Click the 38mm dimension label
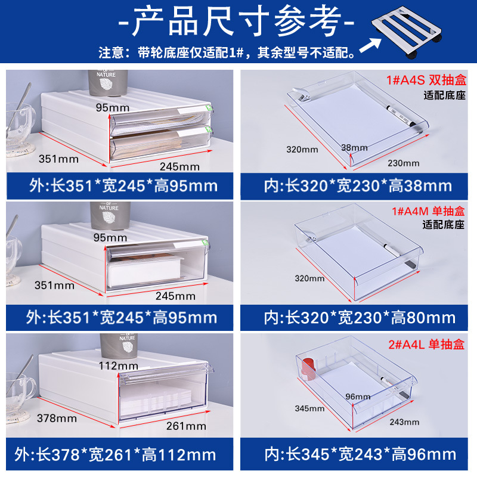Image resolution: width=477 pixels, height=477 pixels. coord(355,147)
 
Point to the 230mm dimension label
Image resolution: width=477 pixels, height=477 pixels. coord(404,163)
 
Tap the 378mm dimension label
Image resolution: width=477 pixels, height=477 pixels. coord(58,418)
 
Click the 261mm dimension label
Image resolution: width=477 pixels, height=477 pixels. coord(187,426)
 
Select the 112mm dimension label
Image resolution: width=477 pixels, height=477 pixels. coord(119,366)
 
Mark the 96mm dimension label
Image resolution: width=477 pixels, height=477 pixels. coord(358,397)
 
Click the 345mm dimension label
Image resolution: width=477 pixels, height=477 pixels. coord(309,408)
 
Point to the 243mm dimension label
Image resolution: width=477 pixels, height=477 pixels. coord(404,422)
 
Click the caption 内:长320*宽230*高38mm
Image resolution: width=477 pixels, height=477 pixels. coord(358,186)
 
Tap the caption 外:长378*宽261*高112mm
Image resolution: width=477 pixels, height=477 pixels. coord(121,455)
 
